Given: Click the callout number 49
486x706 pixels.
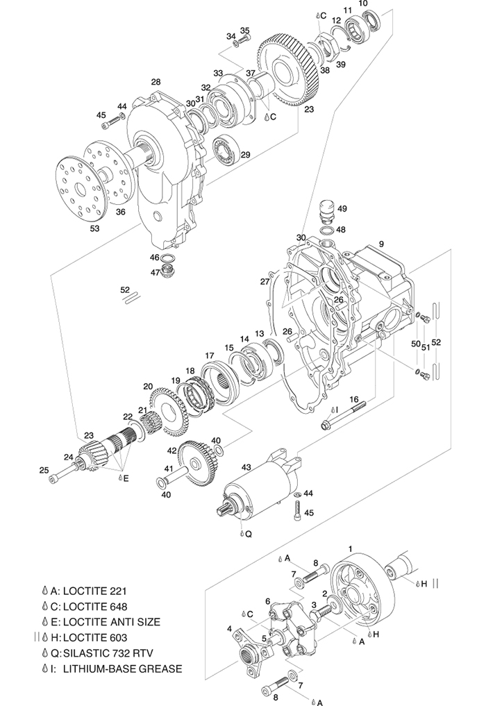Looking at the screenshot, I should pos(342,208).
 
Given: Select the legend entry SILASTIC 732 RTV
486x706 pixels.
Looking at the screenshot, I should pos(111,653).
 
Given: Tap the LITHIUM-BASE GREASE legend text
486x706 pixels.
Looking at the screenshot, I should pos(122,669).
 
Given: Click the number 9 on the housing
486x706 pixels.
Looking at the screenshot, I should pos(380,244).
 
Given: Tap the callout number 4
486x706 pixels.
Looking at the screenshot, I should pos(230,629).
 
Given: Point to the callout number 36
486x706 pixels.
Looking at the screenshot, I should pos(121,212).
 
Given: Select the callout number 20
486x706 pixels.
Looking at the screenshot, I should pos(147,386).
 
